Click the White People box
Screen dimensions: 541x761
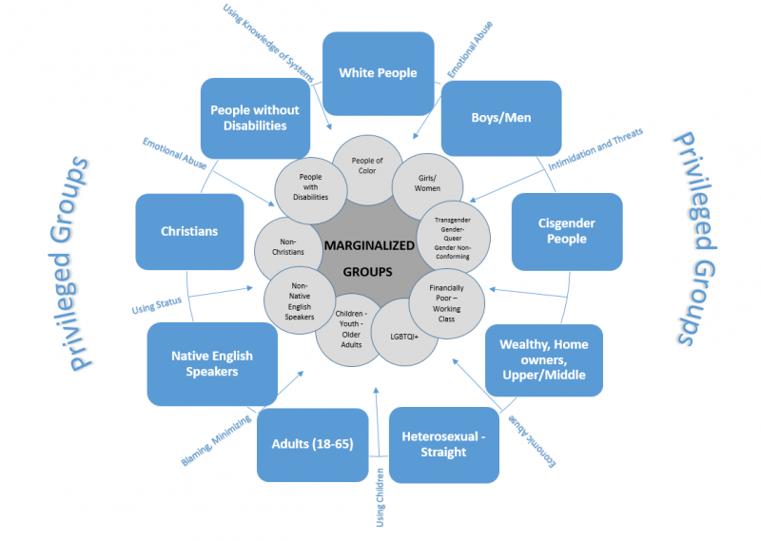tap(379, 73)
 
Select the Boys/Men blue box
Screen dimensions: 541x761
tap(501, 118)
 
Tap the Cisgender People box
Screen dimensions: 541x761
tap(567, 232)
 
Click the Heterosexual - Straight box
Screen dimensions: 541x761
tap(444, 444)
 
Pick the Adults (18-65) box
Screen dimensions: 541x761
tap(312, 444)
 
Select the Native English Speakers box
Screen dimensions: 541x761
tap(212, 364)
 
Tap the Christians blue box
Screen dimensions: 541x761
tap(189, 231)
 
